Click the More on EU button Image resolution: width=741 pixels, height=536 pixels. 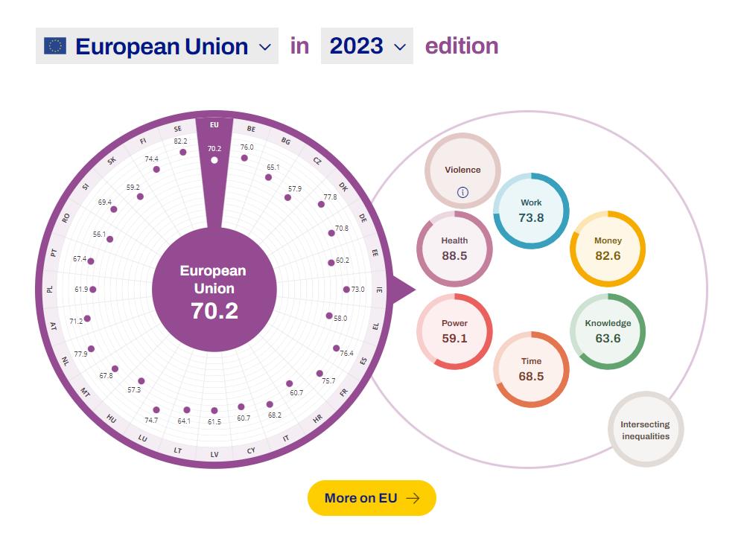(372, 498)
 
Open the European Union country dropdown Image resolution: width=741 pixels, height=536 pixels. (157, 46)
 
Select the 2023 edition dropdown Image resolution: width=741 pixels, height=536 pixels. (367, 46)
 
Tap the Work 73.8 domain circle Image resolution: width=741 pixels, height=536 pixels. (531, 210)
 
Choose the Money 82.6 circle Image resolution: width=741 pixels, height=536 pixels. (607, 249)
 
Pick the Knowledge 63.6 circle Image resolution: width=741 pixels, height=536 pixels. (607, 331)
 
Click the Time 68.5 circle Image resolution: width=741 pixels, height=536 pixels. (531, 369)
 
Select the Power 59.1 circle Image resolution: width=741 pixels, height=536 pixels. (454, 331)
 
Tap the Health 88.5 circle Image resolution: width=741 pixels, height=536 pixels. (454, 249)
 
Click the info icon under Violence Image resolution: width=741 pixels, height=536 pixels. (462, 192)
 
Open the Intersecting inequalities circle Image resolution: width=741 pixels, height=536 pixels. (645, 430)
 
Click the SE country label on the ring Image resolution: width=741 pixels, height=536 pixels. (178, 129)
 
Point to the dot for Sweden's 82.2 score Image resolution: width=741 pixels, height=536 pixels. (182, 152)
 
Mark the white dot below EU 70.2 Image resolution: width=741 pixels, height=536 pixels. (214, 160)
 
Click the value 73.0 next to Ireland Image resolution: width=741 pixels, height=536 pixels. (358, 290)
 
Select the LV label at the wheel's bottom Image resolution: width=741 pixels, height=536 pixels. (214, 454)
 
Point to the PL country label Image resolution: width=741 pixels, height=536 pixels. (50, 289)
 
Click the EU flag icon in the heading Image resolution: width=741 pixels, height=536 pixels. (55, 46)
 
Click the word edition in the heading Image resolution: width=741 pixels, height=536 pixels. (462, 46)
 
